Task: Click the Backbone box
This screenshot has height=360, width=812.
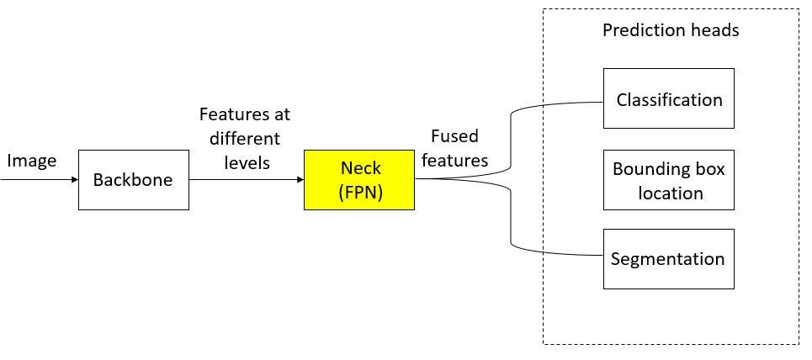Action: click(133, 180)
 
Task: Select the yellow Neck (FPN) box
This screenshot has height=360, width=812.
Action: click(358, 180)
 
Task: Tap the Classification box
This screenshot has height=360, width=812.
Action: click(669, 99)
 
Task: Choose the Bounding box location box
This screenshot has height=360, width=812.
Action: click(669, 181)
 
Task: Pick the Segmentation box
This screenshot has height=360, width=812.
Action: click(669, 258)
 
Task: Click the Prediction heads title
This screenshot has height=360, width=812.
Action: click(670, 30)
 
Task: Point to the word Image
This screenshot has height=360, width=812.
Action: click(31, 161)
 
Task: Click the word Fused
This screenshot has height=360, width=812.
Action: click(455, 136)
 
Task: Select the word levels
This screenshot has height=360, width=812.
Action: click(247, 162)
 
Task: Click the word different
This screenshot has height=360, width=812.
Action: click(246, 138)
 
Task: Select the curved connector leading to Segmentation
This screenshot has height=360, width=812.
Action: click(512, 227)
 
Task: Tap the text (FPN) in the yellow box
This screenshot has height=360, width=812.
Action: click(359, 192)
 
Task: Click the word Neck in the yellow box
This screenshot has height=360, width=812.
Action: click(359, 169)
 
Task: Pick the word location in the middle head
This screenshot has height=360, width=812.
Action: click(670, 193)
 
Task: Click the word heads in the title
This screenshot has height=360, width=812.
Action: click(715, 30)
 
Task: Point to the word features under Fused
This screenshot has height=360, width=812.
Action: click(455, 160)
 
